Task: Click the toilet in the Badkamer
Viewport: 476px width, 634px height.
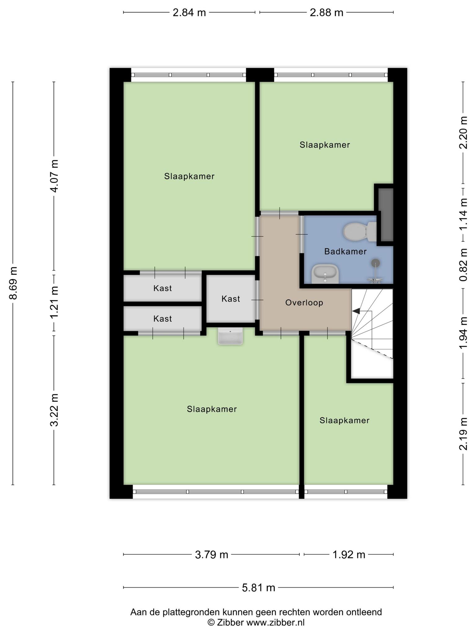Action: click(x=360, y=232)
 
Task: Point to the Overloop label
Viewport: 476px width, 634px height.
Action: click(x=304, y=302)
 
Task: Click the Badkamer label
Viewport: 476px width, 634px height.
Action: click(x=345, y=251)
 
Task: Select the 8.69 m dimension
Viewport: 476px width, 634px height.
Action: click(x=13, y=283)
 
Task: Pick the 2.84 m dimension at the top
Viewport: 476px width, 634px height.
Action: click(x=189, y=12)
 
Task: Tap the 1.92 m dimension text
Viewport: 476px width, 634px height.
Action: click(x=349, y=554)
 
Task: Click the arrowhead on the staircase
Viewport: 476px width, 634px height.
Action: click(x=356, y=311)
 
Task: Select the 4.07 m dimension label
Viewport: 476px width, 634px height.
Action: click(x=54, y=176)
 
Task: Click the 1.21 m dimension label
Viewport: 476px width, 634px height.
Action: click(x=54, y=302)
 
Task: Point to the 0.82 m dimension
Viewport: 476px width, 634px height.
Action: click(x=463, y=265)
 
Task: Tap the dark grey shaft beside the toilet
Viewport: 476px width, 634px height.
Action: click(x=386, y=215)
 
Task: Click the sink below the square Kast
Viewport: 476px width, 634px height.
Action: click(x=230, y=337)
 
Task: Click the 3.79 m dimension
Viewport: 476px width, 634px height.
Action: click(x=211, y=554)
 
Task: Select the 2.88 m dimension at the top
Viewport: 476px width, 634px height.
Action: click(x=327, y=12)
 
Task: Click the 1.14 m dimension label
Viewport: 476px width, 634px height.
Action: click(x=463, y=214)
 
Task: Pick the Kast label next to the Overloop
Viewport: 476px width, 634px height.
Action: click(x=231, y=299)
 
